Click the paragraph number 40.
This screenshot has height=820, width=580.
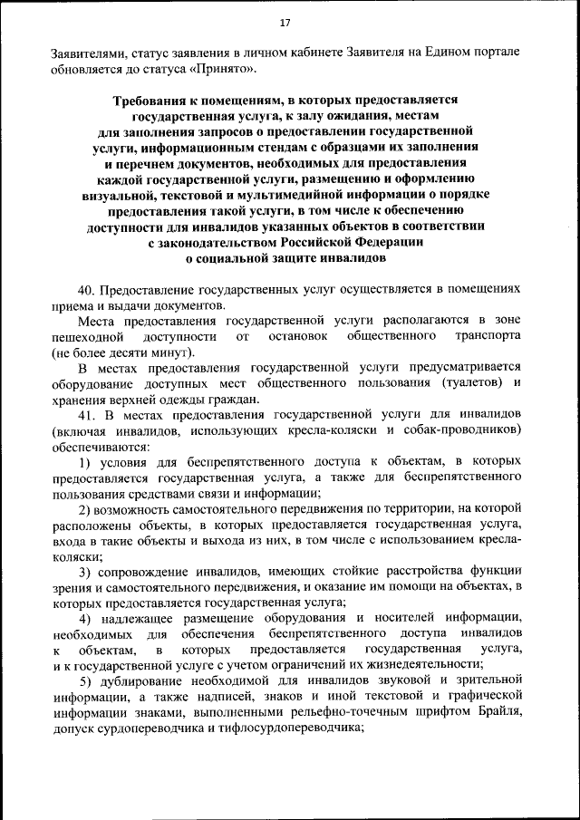click(x=87, y=290)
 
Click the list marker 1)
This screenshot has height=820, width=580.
click(x=87, y=462)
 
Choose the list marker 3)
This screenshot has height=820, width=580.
click(x=87, y=572)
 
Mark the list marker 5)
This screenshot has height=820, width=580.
click(x=87, y=680)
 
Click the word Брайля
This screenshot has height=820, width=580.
click(x=499, y=712)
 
